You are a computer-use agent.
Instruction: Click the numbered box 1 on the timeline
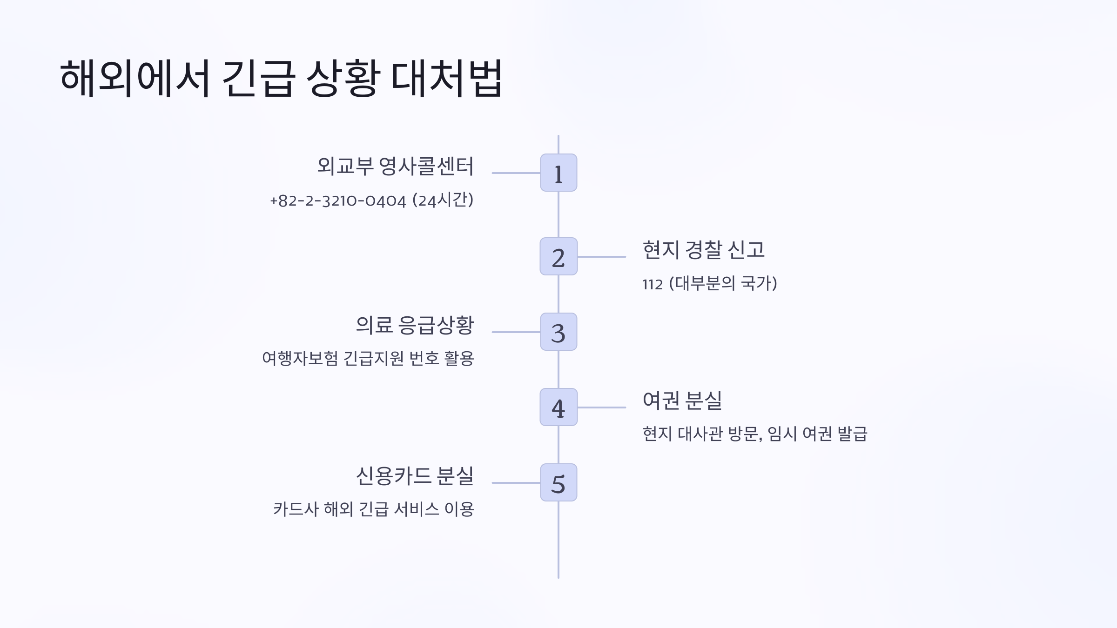point(558,173)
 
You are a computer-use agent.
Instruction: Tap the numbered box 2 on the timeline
point(558,256)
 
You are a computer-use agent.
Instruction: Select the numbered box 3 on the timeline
point(558,332)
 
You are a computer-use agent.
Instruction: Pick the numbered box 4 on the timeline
point(558,407)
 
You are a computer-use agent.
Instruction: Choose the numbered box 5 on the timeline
point(558,482)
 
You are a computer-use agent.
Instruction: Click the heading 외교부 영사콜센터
point(395,166)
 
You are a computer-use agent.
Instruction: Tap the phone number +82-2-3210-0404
point(338,201)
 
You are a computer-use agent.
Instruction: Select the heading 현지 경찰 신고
point(703,250)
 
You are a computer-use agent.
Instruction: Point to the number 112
point(652,284)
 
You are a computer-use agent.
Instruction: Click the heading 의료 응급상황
point(415,325)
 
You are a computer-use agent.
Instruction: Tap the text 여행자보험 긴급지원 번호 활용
point(368,359)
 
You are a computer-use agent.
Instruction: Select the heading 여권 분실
point(682,401)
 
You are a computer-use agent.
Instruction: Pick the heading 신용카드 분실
point(415,476)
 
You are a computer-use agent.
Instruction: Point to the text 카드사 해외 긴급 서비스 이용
point(374,509)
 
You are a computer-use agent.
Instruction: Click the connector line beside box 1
point(516,173)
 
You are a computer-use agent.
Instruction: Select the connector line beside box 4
point(601,408)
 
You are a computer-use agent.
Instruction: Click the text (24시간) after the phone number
point(443,200)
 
